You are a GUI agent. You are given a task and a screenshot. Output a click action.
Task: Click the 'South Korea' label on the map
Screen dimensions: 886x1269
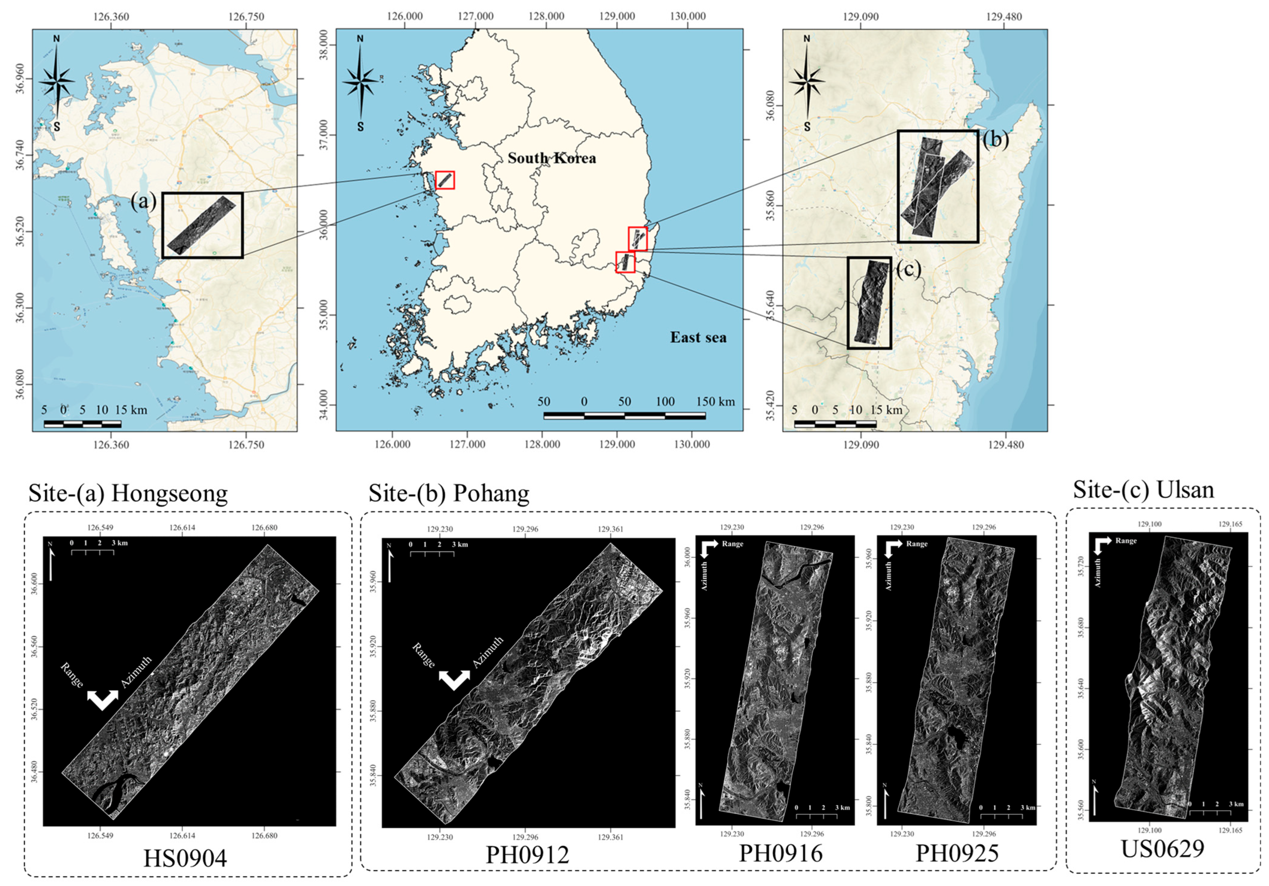tap(552, 159)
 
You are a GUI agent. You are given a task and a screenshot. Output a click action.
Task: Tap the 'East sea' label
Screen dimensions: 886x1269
tap(698, 337)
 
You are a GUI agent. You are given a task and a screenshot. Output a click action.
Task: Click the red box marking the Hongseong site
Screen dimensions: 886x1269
tap(445, 180)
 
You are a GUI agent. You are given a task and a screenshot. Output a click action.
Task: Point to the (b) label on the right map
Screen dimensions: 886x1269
tap(995, 140)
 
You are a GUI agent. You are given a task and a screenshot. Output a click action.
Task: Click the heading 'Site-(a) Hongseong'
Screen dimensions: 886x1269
tap(128, 493)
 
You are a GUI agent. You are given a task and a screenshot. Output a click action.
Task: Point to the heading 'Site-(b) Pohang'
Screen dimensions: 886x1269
tap(449, 493)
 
